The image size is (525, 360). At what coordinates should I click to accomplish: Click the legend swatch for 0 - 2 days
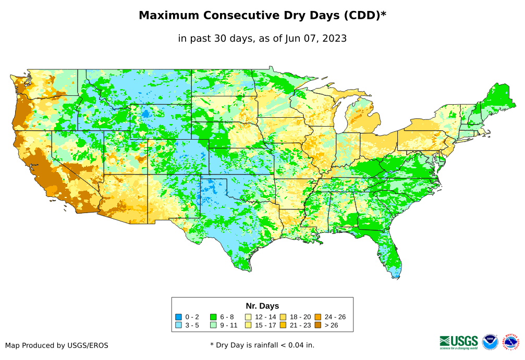[178, 317]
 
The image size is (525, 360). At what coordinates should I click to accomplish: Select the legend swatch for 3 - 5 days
[178, 325]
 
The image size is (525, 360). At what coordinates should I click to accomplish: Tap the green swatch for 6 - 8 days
[213, 317]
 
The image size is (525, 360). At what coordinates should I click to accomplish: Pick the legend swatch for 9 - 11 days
[213, 325]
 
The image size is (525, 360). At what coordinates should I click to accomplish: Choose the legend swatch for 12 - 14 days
[248, 317]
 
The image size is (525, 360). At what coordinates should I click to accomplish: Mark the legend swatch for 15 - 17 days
[248, 325]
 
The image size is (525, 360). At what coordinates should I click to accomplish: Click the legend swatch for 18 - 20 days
[283, 317]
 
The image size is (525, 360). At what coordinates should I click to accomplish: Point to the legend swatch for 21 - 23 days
[283, 325]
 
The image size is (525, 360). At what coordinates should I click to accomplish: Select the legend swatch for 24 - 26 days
[318, 317]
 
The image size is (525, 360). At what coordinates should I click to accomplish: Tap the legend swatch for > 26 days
[318, 325]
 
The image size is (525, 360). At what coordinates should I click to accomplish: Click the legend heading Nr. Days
[262, 306]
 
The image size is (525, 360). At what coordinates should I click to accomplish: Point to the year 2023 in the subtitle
[332, 38]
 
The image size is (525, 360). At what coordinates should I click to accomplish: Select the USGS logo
[459, 342]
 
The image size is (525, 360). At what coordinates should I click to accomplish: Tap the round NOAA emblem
[490, 342]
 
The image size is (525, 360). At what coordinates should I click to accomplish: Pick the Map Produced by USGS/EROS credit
[57, 345]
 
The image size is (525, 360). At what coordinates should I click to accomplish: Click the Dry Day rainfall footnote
[262, 345]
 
